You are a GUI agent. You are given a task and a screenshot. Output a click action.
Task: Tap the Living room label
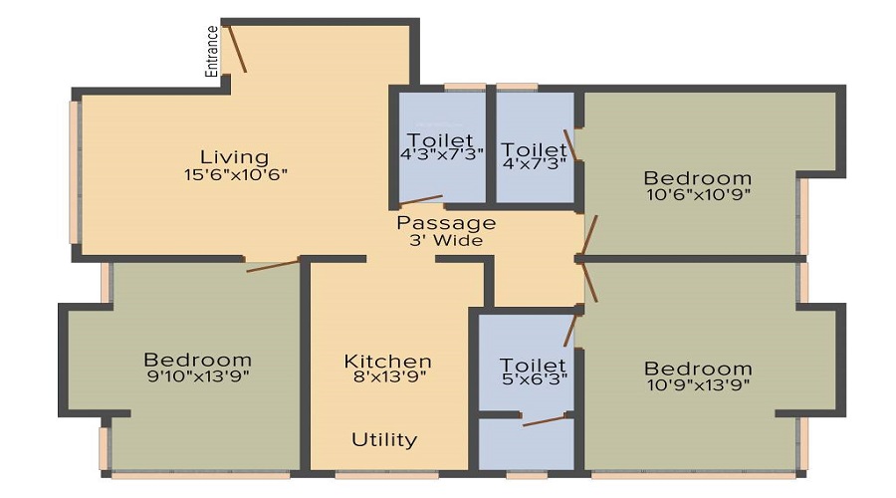tap(234, 156)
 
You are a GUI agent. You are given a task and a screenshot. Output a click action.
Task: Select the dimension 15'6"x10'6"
tap(234, 174)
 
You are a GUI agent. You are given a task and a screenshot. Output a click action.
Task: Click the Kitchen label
tap(387, 361)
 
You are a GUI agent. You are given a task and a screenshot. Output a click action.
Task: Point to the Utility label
tap(384, 439)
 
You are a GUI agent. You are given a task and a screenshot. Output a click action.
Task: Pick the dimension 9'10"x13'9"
tap(196, 376)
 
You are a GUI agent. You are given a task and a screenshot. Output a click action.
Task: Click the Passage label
tap(446, 223)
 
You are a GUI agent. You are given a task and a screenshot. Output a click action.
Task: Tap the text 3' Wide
tap(446, 240)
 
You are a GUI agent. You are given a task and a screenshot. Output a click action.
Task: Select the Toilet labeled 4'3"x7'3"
tap(441, 140)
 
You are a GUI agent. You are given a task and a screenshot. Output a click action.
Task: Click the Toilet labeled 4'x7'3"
tap(534, 150)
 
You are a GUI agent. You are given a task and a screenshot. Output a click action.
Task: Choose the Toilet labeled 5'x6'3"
tap(533, 366)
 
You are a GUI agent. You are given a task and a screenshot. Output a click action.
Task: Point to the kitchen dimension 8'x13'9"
tap(387, 377)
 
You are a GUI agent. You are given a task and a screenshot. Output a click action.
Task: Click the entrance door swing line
tap(238, 48)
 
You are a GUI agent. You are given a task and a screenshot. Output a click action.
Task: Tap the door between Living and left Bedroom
tap(273, 265)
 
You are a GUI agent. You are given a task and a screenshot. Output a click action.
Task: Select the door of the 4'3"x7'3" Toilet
tap(420, 199)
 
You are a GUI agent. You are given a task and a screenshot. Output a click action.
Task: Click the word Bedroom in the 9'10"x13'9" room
tap(197, 360)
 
